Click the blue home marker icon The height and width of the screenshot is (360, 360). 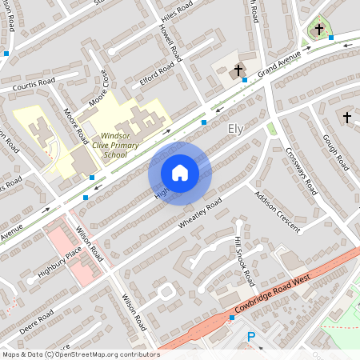click(180, 172)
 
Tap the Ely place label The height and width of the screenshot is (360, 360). click(235, 129)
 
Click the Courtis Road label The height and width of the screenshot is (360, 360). click(33, 82)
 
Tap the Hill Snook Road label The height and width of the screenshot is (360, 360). click(243, 262)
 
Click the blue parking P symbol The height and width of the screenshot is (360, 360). click(250, 338)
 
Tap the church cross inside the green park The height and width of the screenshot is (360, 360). click(319, 30)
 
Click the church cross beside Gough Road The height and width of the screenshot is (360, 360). click(346, 118)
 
